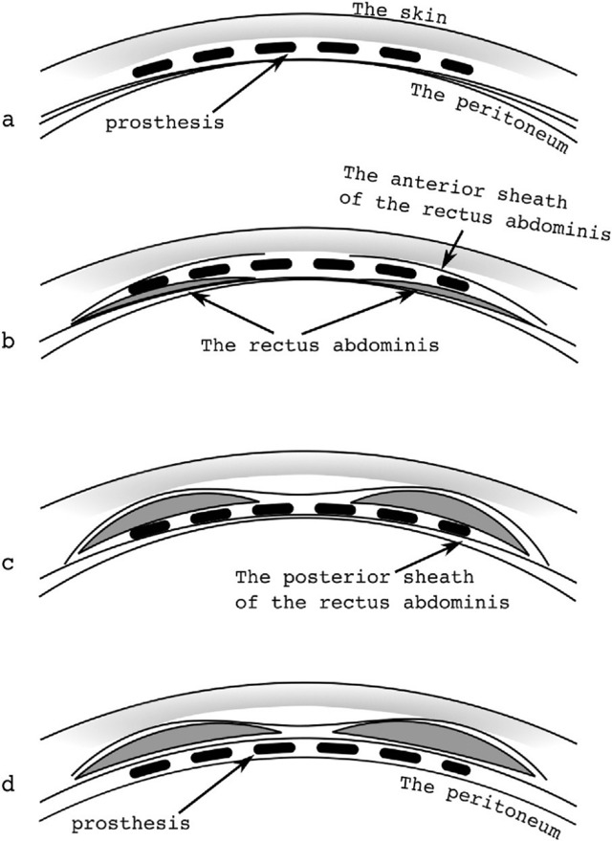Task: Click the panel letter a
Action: pos(8,121)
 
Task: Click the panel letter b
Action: pos(8,340)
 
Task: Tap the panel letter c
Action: pos(8,564)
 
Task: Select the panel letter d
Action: pos(8,785)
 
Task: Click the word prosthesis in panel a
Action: pos(164,123)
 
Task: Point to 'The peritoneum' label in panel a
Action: pos(489,118)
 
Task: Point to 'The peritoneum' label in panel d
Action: pos(480,808)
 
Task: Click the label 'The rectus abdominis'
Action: pos(320,344)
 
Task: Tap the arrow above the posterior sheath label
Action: pos(427,557)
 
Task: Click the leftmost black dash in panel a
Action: pos(152,70)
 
